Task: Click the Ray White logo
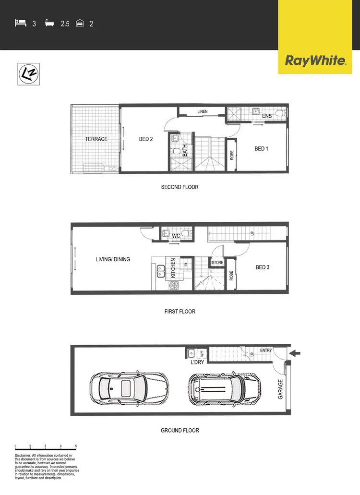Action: [315, 61]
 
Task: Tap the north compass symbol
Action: [29, 74]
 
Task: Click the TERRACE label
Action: [96, 139]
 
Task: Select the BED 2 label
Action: [146, 139]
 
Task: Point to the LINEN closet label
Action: [202, 112]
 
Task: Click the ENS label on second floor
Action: [267, 116]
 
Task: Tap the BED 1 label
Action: [261, 149]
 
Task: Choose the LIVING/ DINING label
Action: [113, 259]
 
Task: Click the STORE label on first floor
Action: [217, 263]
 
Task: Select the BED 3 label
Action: [262, 267]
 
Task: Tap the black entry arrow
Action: [296, 353]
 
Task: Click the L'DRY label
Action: [197, 362]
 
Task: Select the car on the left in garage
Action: [129, 386]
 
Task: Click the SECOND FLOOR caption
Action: [180, 187]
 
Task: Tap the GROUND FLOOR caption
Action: [180, 430]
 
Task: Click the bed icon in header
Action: [20, 23]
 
